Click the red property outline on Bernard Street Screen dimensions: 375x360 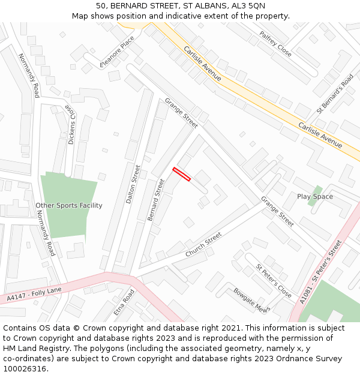181,174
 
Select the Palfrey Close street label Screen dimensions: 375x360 275,44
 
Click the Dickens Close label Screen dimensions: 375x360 71,125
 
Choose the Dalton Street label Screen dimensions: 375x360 133,184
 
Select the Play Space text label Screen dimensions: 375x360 315,197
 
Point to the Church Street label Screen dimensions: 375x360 203,245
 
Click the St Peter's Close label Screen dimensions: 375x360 274,281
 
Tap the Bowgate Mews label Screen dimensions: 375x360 251,300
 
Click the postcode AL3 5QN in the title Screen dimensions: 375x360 247,5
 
